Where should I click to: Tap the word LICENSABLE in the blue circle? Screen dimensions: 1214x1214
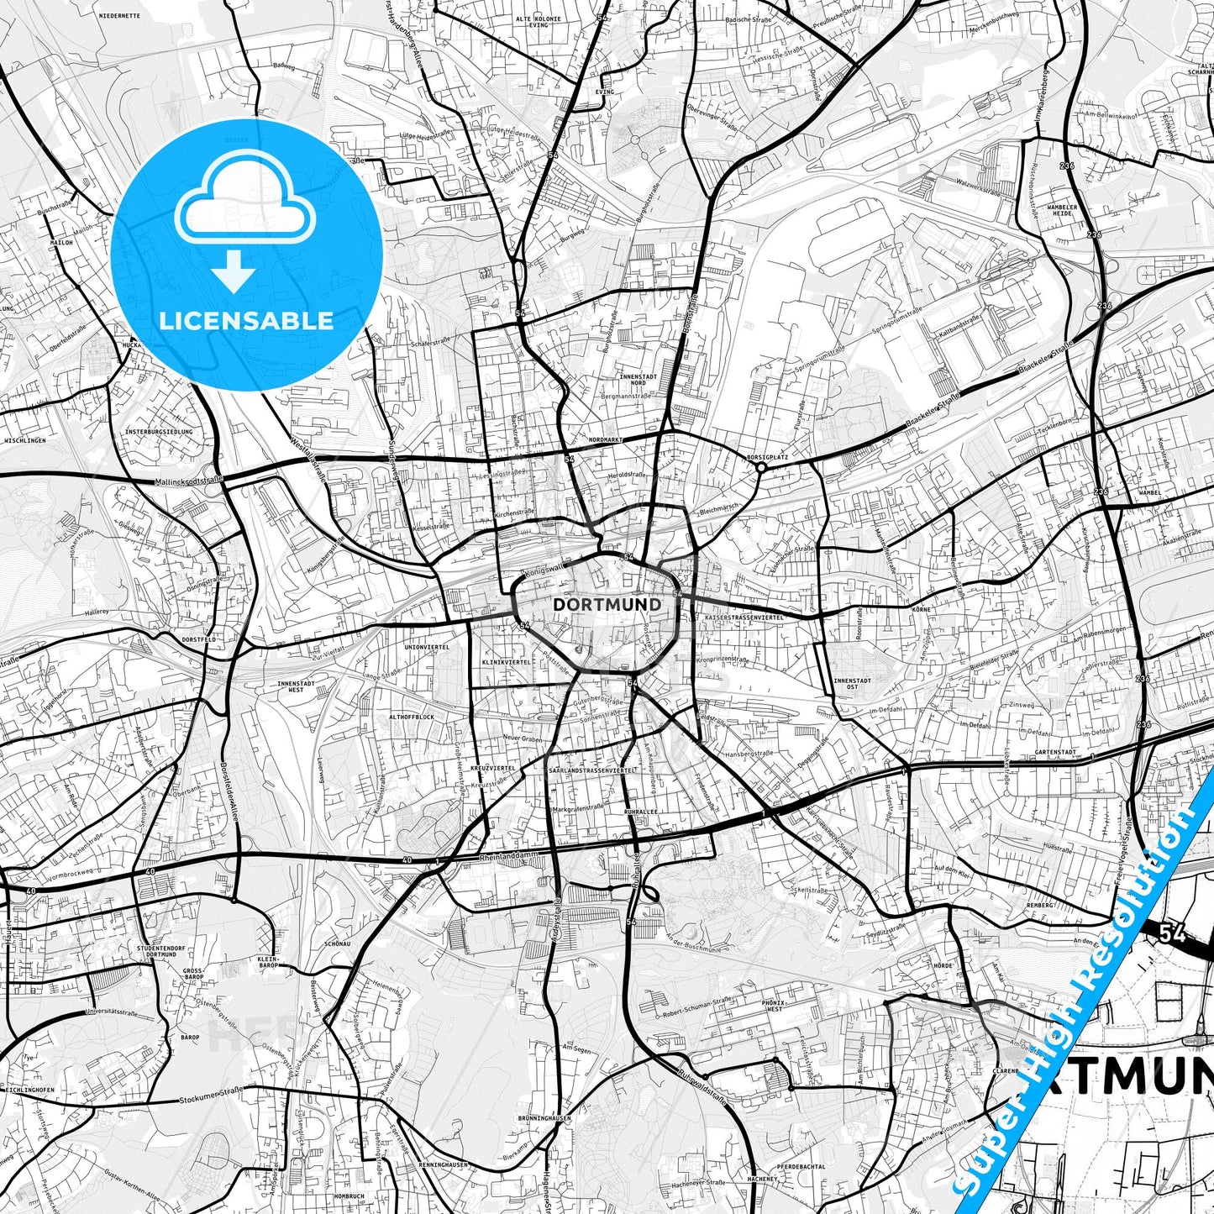point(246,320)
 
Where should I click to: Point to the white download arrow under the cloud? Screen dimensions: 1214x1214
point(234,271)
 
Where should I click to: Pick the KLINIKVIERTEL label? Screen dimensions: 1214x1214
point(506,662)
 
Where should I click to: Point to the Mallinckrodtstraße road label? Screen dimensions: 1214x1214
point(189,481)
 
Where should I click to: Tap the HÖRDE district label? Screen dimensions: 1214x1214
point(943,965)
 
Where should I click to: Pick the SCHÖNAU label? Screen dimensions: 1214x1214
point(337,943)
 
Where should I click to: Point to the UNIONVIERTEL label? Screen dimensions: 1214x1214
point(427,647)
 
